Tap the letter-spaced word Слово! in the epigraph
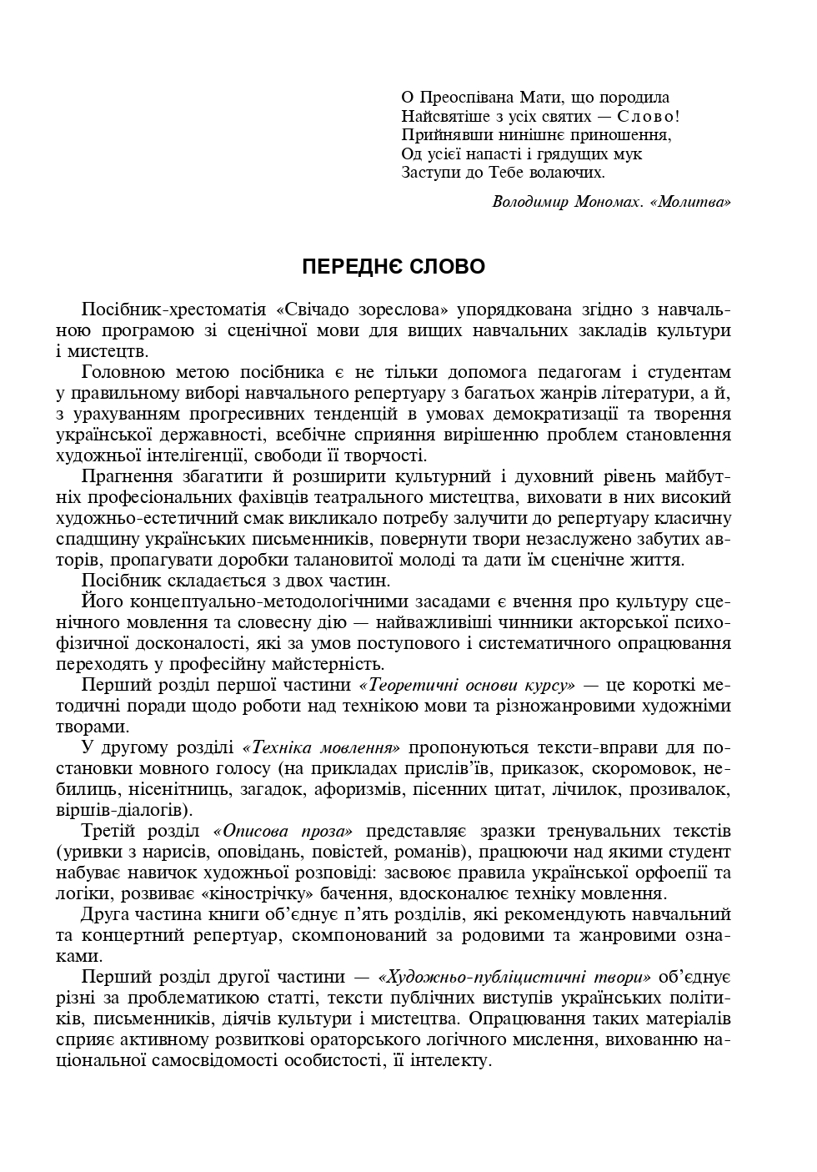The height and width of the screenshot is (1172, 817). [x=649, y=117]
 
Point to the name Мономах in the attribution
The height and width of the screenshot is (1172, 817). [x=606, y=202]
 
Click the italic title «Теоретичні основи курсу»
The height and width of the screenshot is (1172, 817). [x=467, y=685]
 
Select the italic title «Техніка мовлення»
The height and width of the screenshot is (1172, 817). [x=321, y=747]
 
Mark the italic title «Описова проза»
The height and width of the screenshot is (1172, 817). [x=283, y=831]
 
